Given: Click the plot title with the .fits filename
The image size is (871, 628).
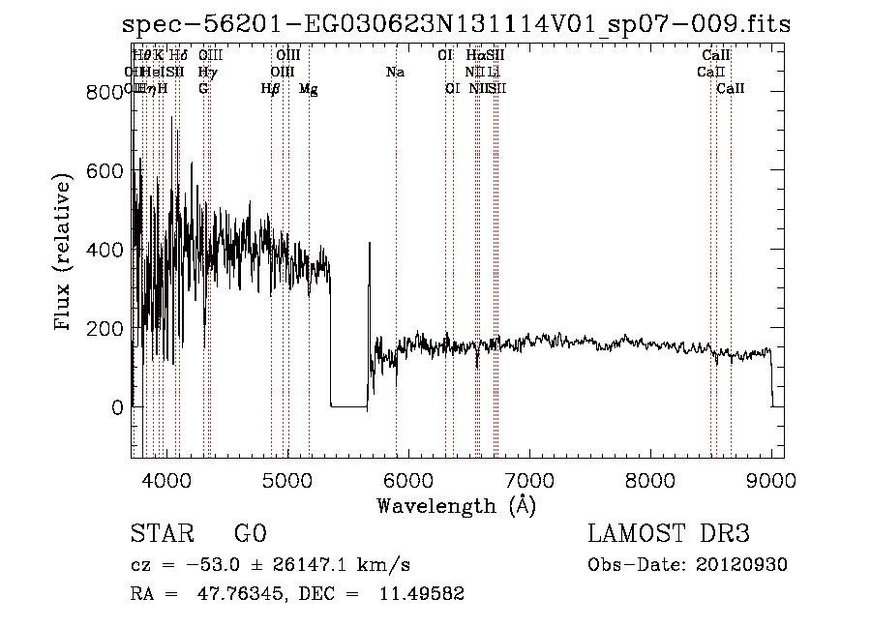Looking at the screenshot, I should (x=457, y=25).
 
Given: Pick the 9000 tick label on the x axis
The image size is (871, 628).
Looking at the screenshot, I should (x=771, y=479).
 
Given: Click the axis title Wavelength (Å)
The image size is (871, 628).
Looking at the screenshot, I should (x=456, y=505).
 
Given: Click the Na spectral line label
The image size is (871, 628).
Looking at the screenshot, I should (x=395, y=72).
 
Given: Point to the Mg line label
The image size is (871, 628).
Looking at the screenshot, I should (x=308, y=88).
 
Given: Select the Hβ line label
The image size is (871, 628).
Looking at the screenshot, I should (x=271, y=88).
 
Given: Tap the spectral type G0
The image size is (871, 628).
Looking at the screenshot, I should (x=250, y=534).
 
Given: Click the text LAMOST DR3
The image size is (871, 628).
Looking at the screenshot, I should (x=669, y=534).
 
